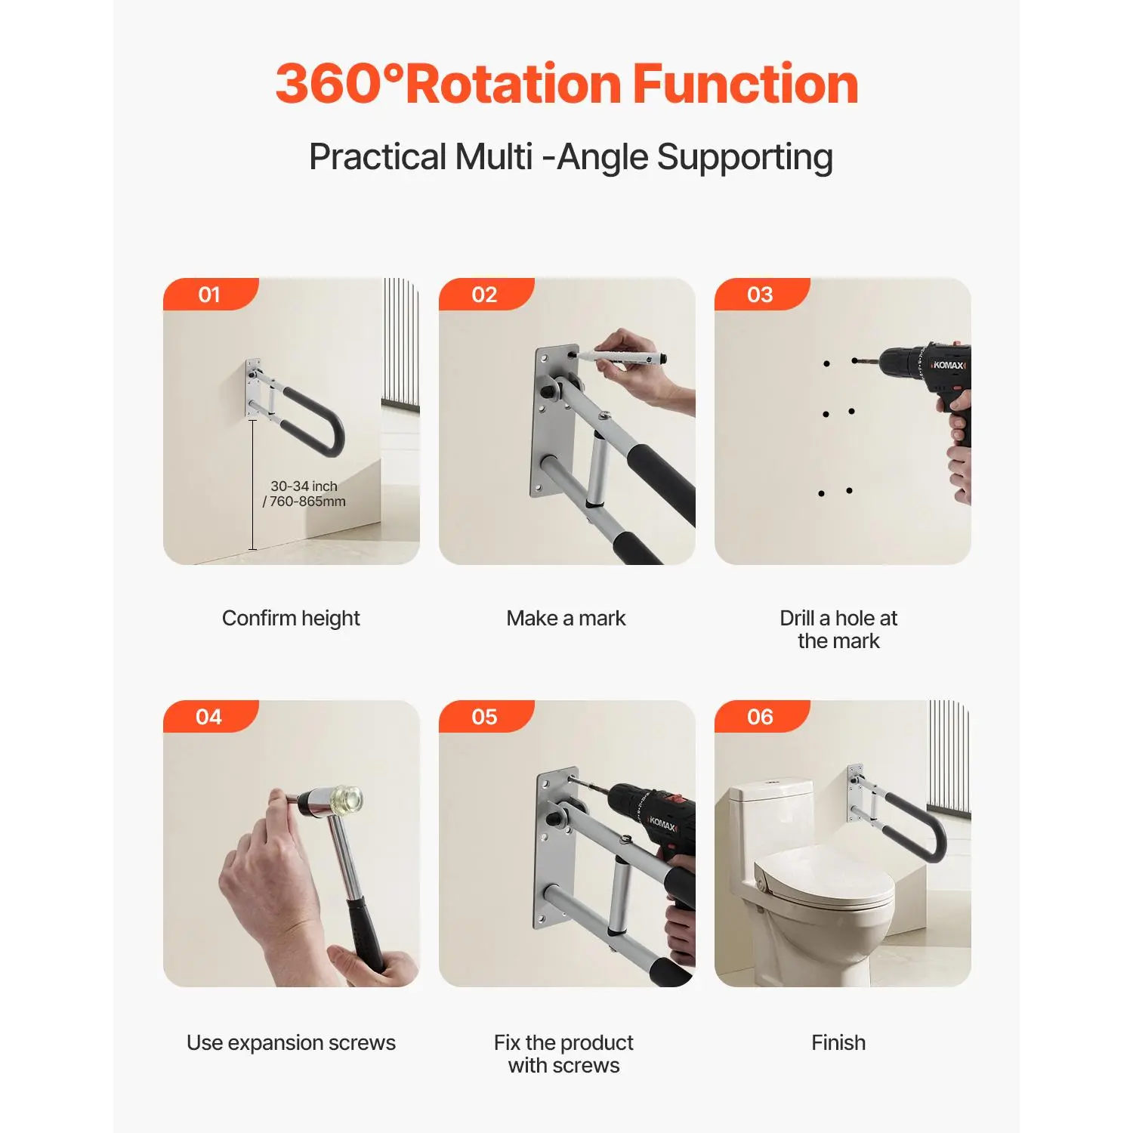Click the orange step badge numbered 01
pyautogui.click(x=210, y=295)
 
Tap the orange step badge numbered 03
pyautogui.click(x=761, y=295)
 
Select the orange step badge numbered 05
pyautogui.click(x=485, y=717)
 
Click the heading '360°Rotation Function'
pyautogui.click(x=566, y=83)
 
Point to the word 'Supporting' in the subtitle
pyautogui.click(x=745, y=159)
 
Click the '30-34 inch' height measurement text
pyautogui.click(x=304, y=486)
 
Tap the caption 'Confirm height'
pyautogui.click(x=291, y=619)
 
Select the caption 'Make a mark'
pyautogui.click(x=566, y=619)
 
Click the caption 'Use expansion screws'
pyautogui.click(x=291, y=1043)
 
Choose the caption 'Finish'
pyautogui.click(x=838, y=1043)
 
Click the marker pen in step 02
pyautogui.click(x=623, y=357)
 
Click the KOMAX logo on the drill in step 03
pyautogui.click(x=948, y=366)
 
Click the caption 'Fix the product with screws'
pyautogui.click(x=564, y=1054)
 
